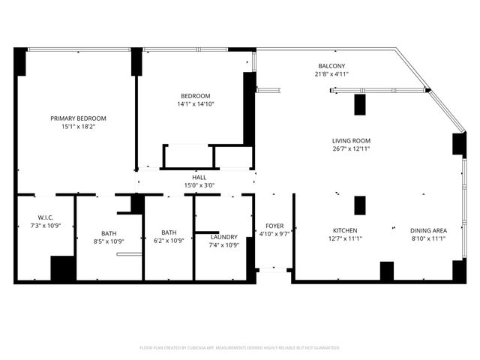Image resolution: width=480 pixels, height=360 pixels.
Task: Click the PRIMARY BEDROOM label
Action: (78, 118)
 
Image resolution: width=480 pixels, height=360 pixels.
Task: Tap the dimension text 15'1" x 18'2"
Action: (78, 127)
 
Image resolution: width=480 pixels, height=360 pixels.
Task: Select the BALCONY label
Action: (331, 66)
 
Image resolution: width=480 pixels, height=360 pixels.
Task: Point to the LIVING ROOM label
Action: (351, 141)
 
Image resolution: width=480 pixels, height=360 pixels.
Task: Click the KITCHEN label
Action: (345, 230)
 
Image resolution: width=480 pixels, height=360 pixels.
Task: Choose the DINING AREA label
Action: (428, 230)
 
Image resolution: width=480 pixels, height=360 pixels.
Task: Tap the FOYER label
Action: (274, 225)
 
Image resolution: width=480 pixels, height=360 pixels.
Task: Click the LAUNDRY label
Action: (223, 237)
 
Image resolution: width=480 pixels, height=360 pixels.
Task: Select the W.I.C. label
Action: (45, 217)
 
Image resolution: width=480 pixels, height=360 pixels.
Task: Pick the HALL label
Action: (199, 178)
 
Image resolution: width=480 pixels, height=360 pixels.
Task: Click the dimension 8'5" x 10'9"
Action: (109, 241)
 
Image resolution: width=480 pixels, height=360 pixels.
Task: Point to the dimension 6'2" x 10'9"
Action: (169, 241)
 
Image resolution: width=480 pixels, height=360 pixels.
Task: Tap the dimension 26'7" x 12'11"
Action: (351, 149)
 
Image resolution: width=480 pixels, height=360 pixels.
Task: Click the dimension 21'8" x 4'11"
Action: (331, 74)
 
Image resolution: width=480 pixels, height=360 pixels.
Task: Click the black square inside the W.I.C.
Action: (62, 268)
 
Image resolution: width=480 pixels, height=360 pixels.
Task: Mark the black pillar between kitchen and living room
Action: (359, 205)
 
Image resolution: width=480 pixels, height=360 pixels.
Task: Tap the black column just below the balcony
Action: (359, 104)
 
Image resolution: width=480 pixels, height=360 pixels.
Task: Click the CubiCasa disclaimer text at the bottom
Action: (240, 348)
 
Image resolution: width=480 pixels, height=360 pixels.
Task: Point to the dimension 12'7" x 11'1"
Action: (345, 238)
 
